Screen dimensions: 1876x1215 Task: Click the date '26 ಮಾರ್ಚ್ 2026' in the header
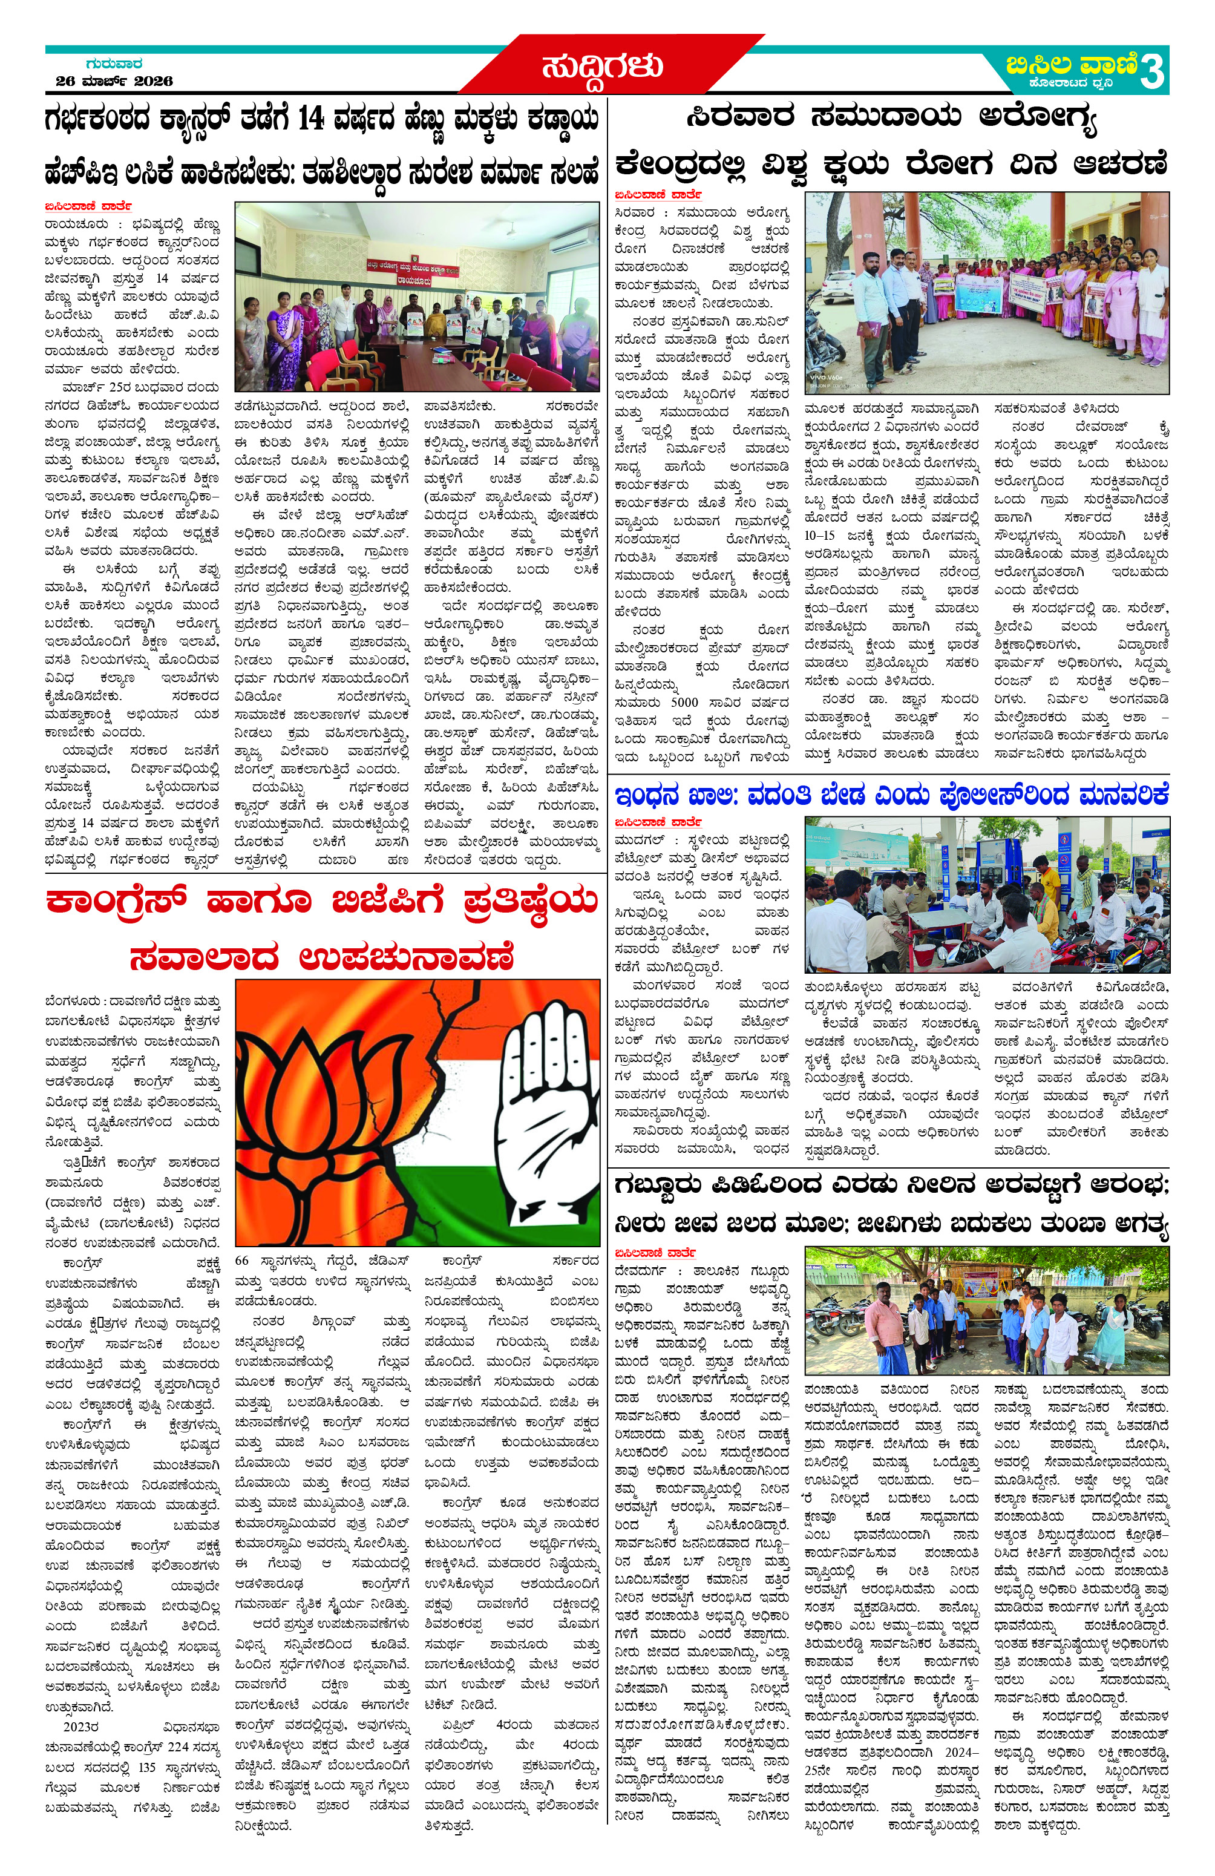[x=114, y=81]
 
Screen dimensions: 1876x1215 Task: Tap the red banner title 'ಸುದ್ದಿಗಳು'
[x=602, y=67]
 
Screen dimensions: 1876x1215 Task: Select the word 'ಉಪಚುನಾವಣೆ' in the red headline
[x=407, y=958]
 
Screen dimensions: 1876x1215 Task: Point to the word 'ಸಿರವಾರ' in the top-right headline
[x=740, y=118]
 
